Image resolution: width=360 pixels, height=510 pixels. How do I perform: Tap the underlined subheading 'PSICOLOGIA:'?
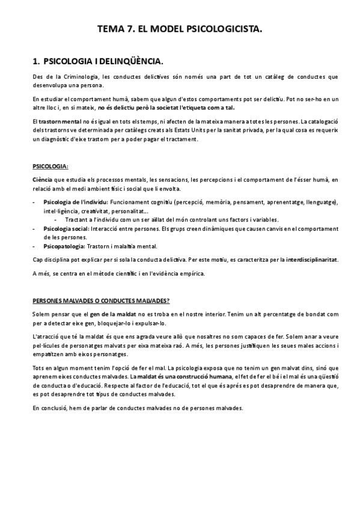tap(50, 167)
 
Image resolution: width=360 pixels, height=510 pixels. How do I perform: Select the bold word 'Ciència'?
tap(42, 180)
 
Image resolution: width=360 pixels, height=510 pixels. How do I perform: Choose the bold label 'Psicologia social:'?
tap(66, 229)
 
